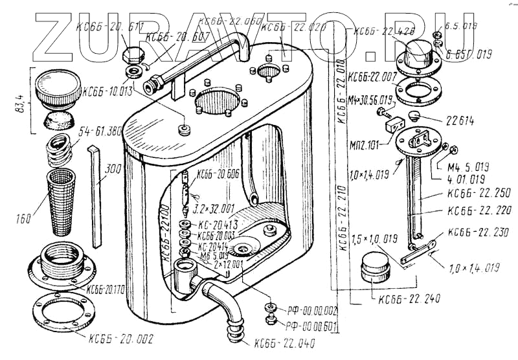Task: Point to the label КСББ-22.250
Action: (478, 193)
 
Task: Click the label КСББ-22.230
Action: (478, 234)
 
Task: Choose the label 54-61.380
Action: (101, 132)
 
